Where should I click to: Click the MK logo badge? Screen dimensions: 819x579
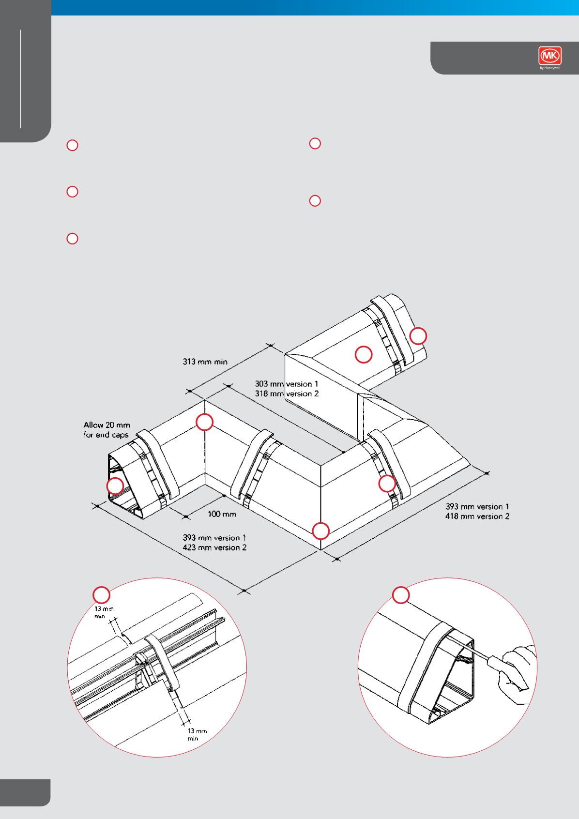pos(549,56)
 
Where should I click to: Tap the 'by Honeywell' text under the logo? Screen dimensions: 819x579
pos(549,68)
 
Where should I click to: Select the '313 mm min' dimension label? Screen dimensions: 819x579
pos(205,362)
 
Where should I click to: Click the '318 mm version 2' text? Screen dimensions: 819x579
pos(287,394)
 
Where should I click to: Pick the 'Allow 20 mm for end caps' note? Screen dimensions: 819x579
pos(107,430)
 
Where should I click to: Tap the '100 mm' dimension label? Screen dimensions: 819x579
pos(222,514)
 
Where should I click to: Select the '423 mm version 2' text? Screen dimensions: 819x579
pos(214,547)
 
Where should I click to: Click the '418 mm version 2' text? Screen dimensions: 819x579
pos(477,516)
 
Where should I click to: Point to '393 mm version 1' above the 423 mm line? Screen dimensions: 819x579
pos(214,537)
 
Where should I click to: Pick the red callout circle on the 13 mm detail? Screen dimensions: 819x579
pos(101,594)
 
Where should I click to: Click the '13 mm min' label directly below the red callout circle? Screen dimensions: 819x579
pos(104,612)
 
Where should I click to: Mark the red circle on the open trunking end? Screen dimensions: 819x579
pos(115,485)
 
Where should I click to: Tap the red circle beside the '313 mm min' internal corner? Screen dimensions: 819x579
pos(204,422)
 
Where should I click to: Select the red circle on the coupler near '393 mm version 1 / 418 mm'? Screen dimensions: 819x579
pos(387,484)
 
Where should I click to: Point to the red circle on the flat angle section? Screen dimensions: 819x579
pos(364,354)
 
